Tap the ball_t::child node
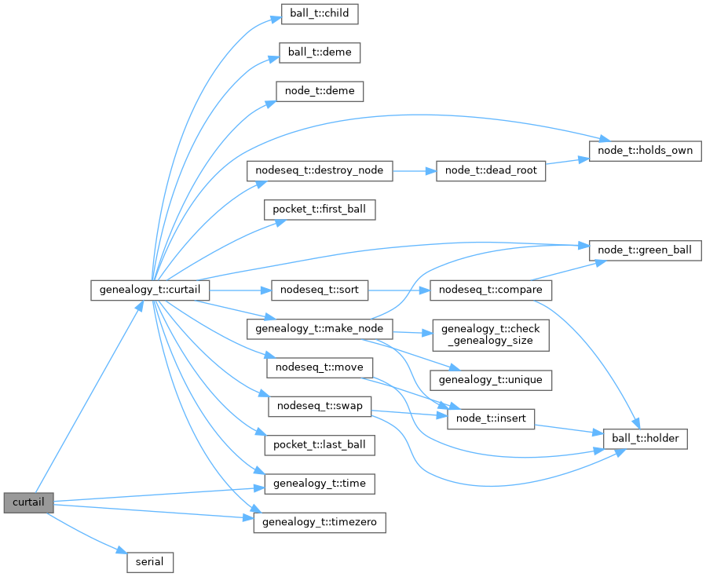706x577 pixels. [x=320, y=14]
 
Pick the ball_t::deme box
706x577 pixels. [x=320, y=53]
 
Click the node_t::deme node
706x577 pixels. [x=319, y=91]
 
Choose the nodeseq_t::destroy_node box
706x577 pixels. [x=319, y=171]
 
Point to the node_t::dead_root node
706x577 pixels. [x=491, y=171]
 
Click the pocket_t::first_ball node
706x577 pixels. [x=320, y=210]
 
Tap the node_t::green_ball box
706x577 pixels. [x=644, y=250]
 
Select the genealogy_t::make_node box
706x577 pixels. [x=319, y=328]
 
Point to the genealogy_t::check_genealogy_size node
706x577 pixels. [x=491, y=334]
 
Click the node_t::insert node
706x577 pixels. [x=491, y=419]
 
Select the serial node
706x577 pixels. [x=150, y=562]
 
